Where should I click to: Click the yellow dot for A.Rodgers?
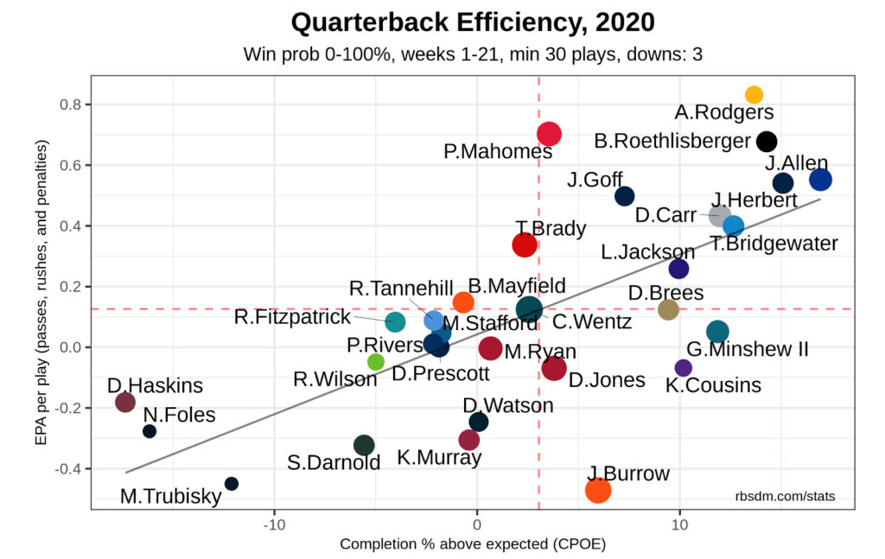tap(754, 95)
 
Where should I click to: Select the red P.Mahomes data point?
tap(549, 134)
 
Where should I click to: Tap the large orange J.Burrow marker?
tap(598, 490)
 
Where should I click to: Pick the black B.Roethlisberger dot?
tap(767, 142)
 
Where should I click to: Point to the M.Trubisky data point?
tap(231, 484)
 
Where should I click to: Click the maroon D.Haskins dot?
tap(125, 402)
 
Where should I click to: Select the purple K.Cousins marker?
tap(684, 368)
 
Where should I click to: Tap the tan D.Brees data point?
tap(668, 309)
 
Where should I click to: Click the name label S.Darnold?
tap(334, 462)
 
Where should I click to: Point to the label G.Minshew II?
tap(748, 349)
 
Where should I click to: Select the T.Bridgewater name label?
tap(774, 244)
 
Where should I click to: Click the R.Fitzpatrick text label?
tap(292, 317)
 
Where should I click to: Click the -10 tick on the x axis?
tap(274, 523)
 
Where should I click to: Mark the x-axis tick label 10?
tap(679, 523)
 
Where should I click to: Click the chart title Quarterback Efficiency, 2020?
tap(472, 22)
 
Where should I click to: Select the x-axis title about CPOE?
tap(472, 544)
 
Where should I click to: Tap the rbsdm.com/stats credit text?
tap(785, 496)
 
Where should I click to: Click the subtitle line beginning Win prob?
tap(472, 54)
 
